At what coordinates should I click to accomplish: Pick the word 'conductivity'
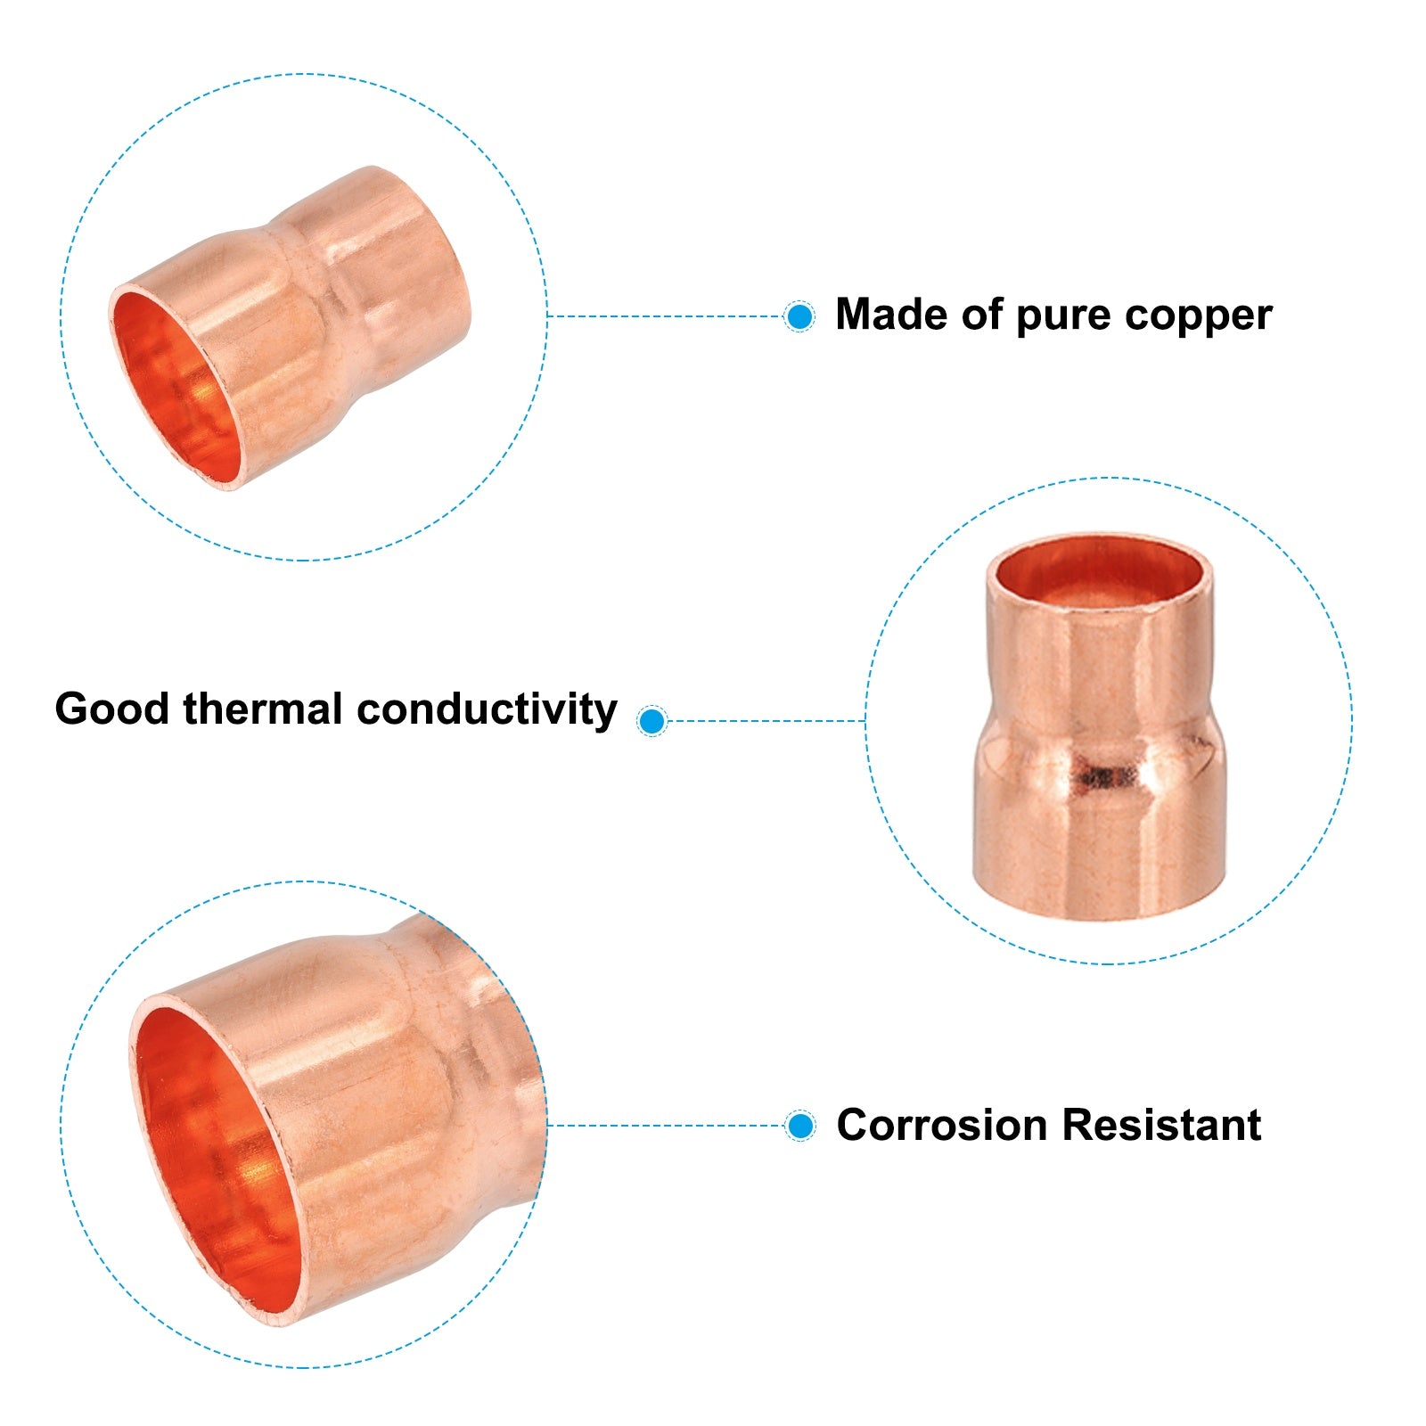pyautogui.click(x=487, y=709)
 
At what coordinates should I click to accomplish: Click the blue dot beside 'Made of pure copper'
pyautogui.click(x=799, y=316)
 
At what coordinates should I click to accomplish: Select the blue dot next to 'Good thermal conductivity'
pyautogui.click(x=652, y=720)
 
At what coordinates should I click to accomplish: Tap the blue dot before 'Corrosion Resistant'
pyautogui.click(x=800, y=1126)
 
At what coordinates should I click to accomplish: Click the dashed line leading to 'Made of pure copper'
pyautogui.click(x=665, y=316)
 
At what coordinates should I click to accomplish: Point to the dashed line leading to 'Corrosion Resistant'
pyautogui.click(x=666, y=1126)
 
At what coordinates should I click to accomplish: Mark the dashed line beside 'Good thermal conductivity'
pyautogui.click(x=766, y=720)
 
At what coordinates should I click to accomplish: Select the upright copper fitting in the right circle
pyautogui.click(x=1100, y=726)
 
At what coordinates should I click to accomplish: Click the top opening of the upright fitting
pyautogui.click(x=1100, y=570)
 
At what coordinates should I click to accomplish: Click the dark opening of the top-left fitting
pyautogui.click(x=175, y=387)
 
